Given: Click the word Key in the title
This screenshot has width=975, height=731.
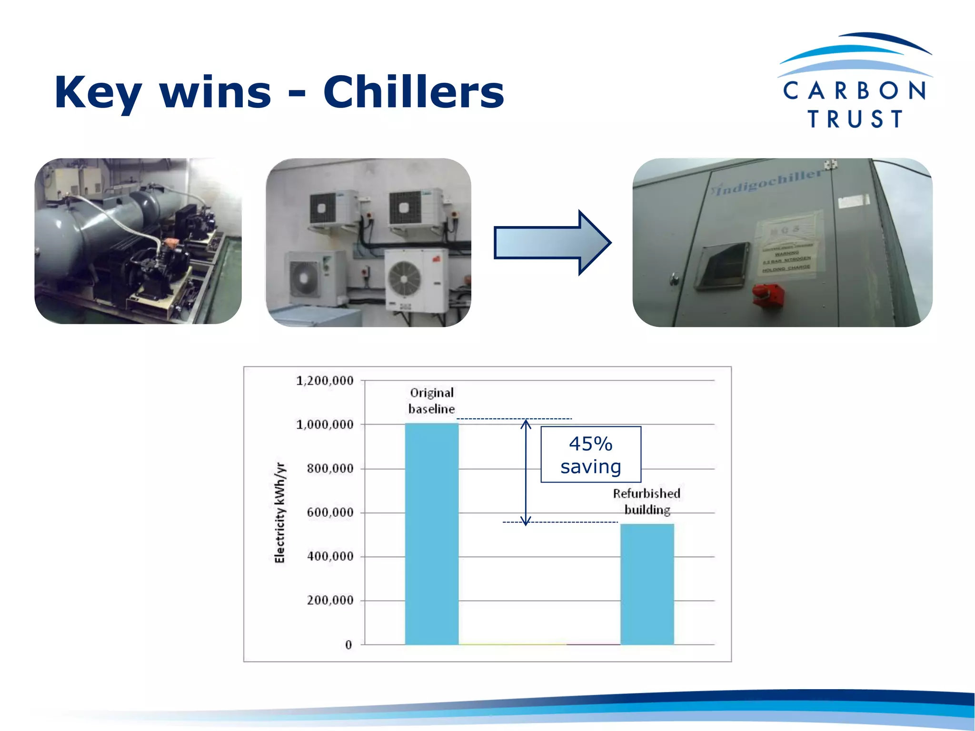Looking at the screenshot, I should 98,93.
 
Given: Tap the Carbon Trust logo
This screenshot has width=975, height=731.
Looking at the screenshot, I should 855,81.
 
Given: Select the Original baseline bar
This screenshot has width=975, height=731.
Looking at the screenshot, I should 431,533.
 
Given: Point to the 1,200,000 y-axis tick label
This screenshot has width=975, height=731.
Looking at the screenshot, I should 325,381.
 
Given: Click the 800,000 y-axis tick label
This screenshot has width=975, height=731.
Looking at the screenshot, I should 330,469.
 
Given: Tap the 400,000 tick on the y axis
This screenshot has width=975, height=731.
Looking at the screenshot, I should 330,556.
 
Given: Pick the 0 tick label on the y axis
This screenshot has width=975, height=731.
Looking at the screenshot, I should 348,645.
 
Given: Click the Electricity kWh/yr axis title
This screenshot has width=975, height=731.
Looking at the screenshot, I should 280,513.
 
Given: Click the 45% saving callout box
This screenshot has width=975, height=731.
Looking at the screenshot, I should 591,454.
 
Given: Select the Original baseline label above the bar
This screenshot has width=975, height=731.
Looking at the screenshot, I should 432,401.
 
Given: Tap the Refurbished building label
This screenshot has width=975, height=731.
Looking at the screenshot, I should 647,502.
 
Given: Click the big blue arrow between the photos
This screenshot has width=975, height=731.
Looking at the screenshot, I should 552,243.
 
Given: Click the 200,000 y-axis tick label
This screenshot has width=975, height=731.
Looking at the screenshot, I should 330,601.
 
